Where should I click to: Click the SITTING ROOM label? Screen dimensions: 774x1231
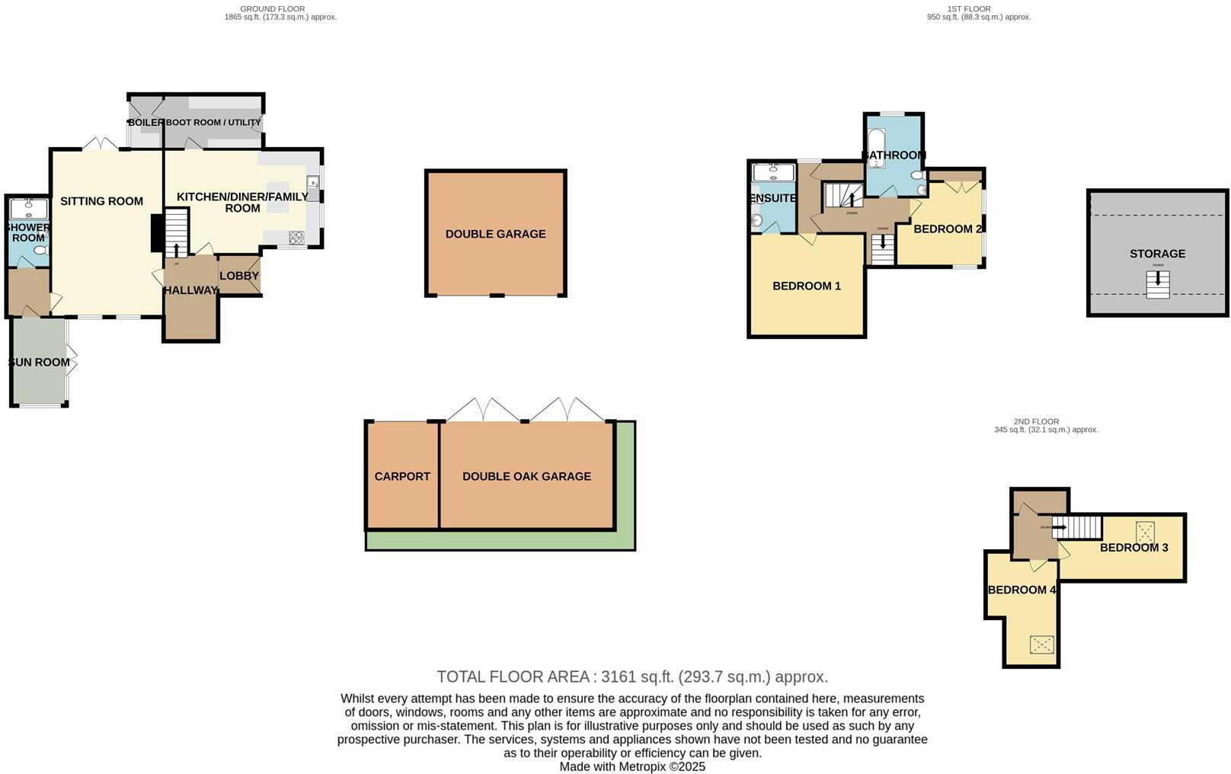101,201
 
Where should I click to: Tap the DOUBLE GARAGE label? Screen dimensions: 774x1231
495,234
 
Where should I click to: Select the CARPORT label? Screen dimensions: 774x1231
402,476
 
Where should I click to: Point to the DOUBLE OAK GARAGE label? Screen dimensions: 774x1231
526,476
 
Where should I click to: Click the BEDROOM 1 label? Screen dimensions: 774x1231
806,286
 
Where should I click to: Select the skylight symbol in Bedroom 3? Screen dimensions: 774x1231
1144,530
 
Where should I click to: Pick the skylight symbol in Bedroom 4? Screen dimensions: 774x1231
1042,644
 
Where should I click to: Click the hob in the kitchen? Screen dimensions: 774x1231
296,238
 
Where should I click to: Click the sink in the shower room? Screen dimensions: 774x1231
28,206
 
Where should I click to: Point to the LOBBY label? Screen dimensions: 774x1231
239,276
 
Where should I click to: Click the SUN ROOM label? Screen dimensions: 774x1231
39,362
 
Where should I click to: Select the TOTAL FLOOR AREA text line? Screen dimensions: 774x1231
631,676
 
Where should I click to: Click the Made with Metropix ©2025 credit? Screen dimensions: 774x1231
631,766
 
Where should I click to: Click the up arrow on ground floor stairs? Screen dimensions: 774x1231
177,249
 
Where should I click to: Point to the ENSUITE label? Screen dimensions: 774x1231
772,198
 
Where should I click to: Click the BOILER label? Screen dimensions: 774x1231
145,122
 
